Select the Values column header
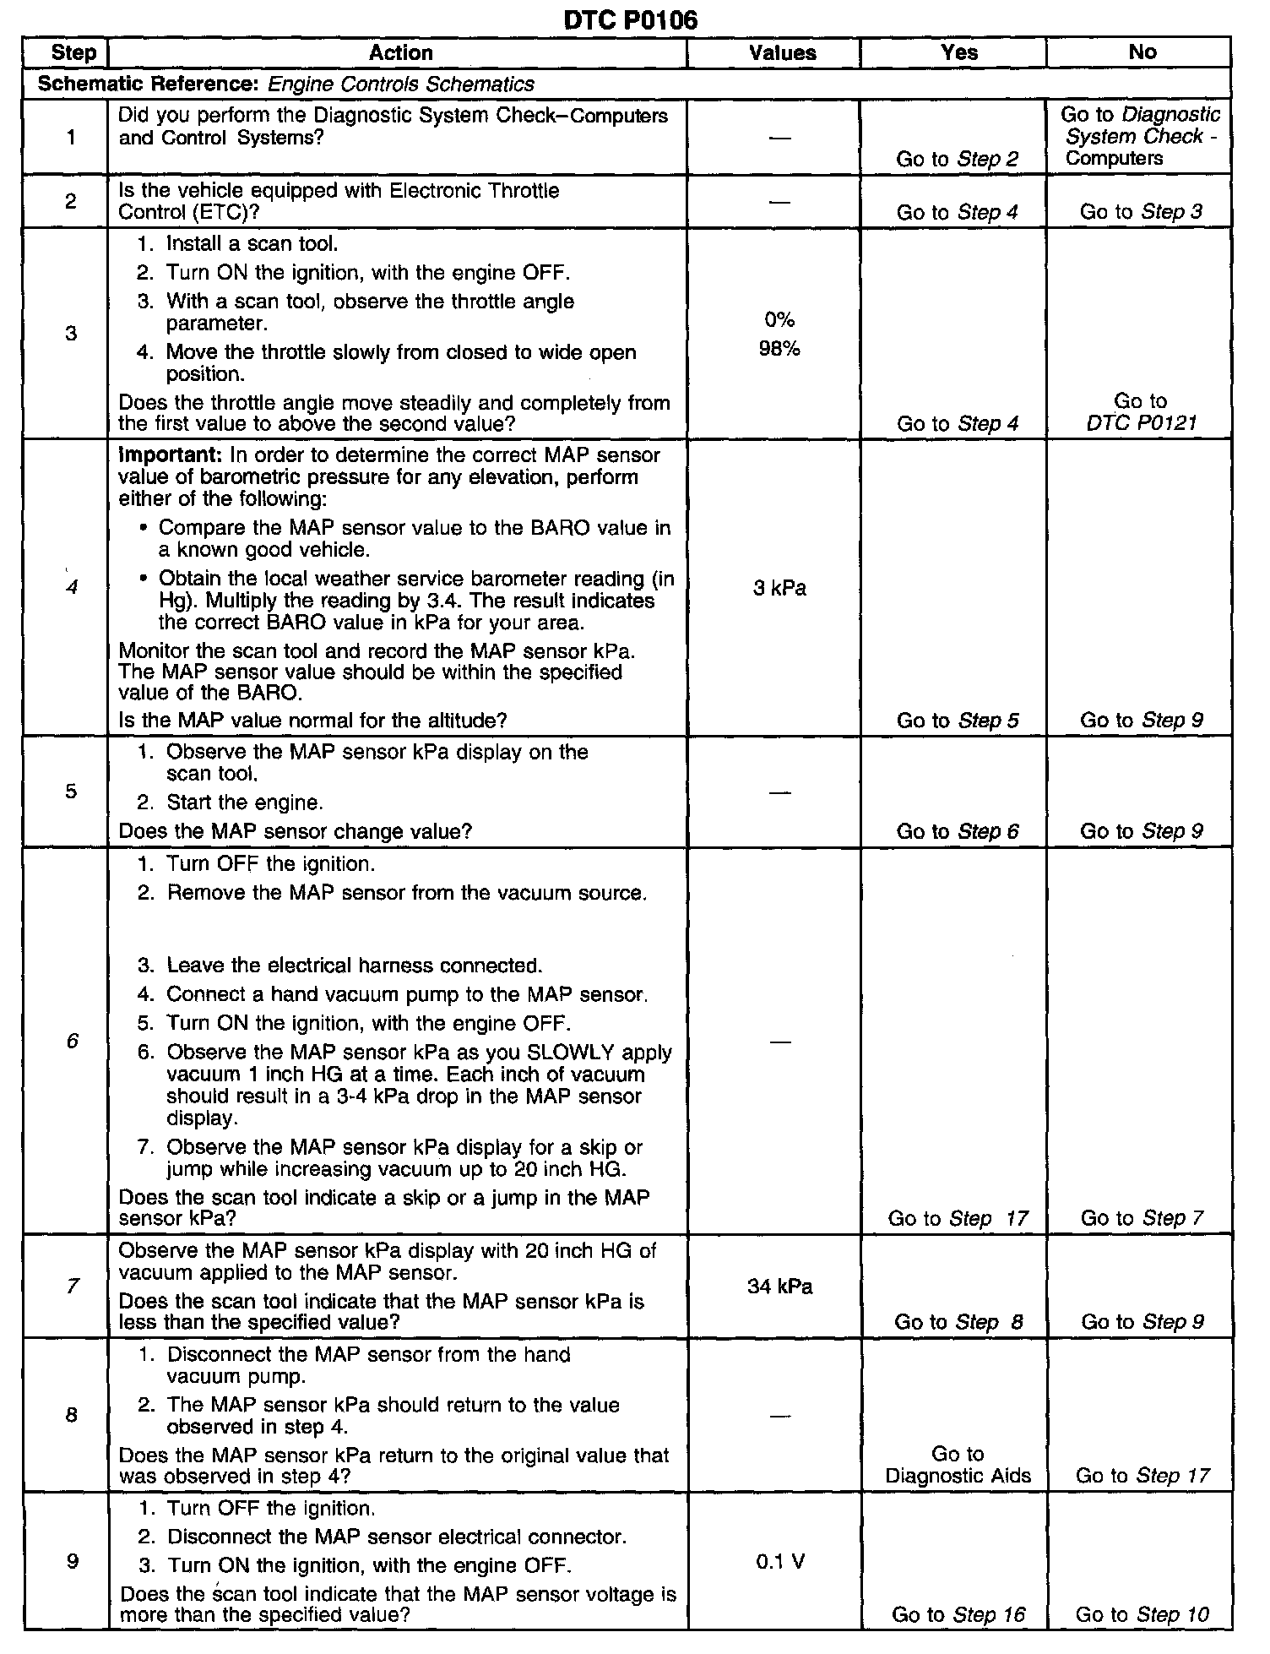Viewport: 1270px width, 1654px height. coord(782,52)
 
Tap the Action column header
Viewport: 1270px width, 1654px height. coord(400,52)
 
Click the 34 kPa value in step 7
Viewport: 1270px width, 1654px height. coord(779,1287)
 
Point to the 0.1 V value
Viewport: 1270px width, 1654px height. coord(779,1562)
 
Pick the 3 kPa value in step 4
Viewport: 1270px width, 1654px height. coord(779,588)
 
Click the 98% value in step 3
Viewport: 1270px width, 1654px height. coord(779,349)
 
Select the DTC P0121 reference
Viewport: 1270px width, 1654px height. coord(1142,423)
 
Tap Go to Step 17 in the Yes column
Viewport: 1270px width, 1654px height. coord(958,1218)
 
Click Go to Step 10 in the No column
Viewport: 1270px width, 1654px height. coord(1142,1614)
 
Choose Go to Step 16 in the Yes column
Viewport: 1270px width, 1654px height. coord(958,1614)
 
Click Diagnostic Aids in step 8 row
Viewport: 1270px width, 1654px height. coord(958,1476)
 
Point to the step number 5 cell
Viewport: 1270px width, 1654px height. coord(71,791)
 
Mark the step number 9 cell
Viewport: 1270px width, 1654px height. coord(72,1561)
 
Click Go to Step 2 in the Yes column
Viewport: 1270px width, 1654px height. coord(958,159)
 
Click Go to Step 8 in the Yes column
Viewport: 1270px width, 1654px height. coord(958,1322)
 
